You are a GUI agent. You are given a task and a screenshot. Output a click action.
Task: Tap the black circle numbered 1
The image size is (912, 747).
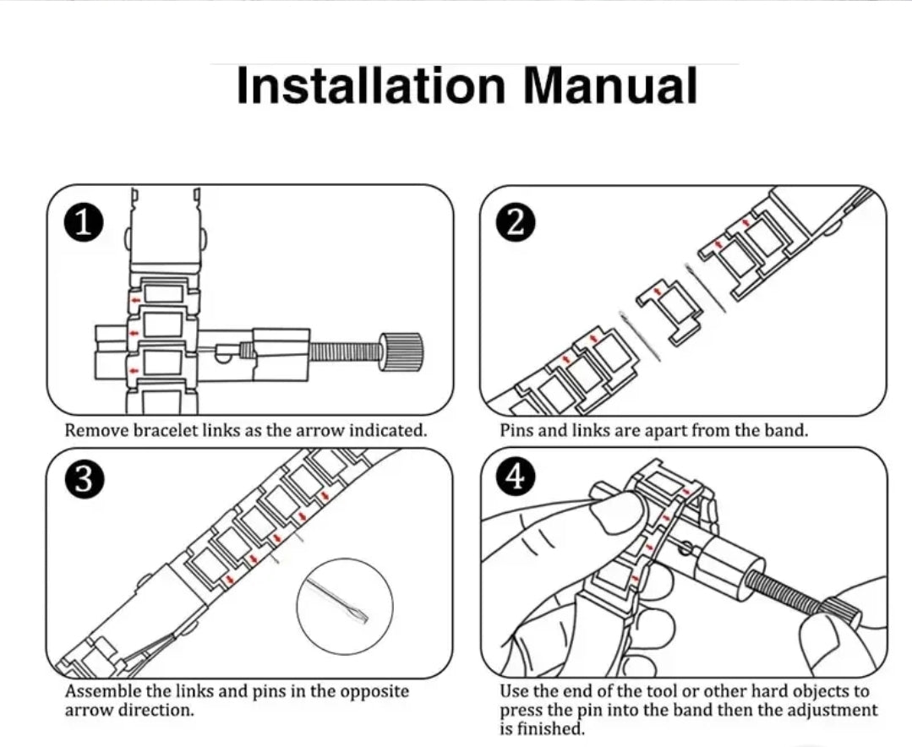[x=83, y=224]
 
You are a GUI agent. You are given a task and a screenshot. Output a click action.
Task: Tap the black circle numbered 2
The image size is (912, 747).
[x=516, y=223]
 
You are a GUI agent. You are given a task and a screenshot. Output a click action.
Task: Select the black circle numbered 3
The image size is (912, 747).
[x=83, y=478]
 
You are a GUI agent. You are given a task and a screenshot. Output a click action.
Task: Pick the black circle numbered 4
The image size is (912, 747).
[x=516, y=478]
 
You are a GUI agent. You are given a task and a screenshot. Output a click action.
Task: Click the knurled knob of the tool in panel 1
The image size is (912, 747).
[x=402, y=352]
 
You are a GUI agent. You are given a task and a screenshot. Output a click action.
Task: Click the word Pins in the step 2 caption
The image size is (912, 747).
[x=516, y=430]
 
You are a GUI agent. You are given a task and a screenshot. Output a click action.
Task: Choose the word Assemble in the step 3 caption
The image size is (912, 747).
[x=102, y=691]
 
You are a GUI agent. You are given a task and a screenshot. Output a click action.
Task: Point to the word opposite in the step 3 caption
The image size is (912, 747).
[x=374, y=691]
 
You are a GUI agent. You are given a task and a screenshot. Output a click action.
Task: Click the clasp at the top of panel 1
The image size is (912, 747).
[x=165, y=232]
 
